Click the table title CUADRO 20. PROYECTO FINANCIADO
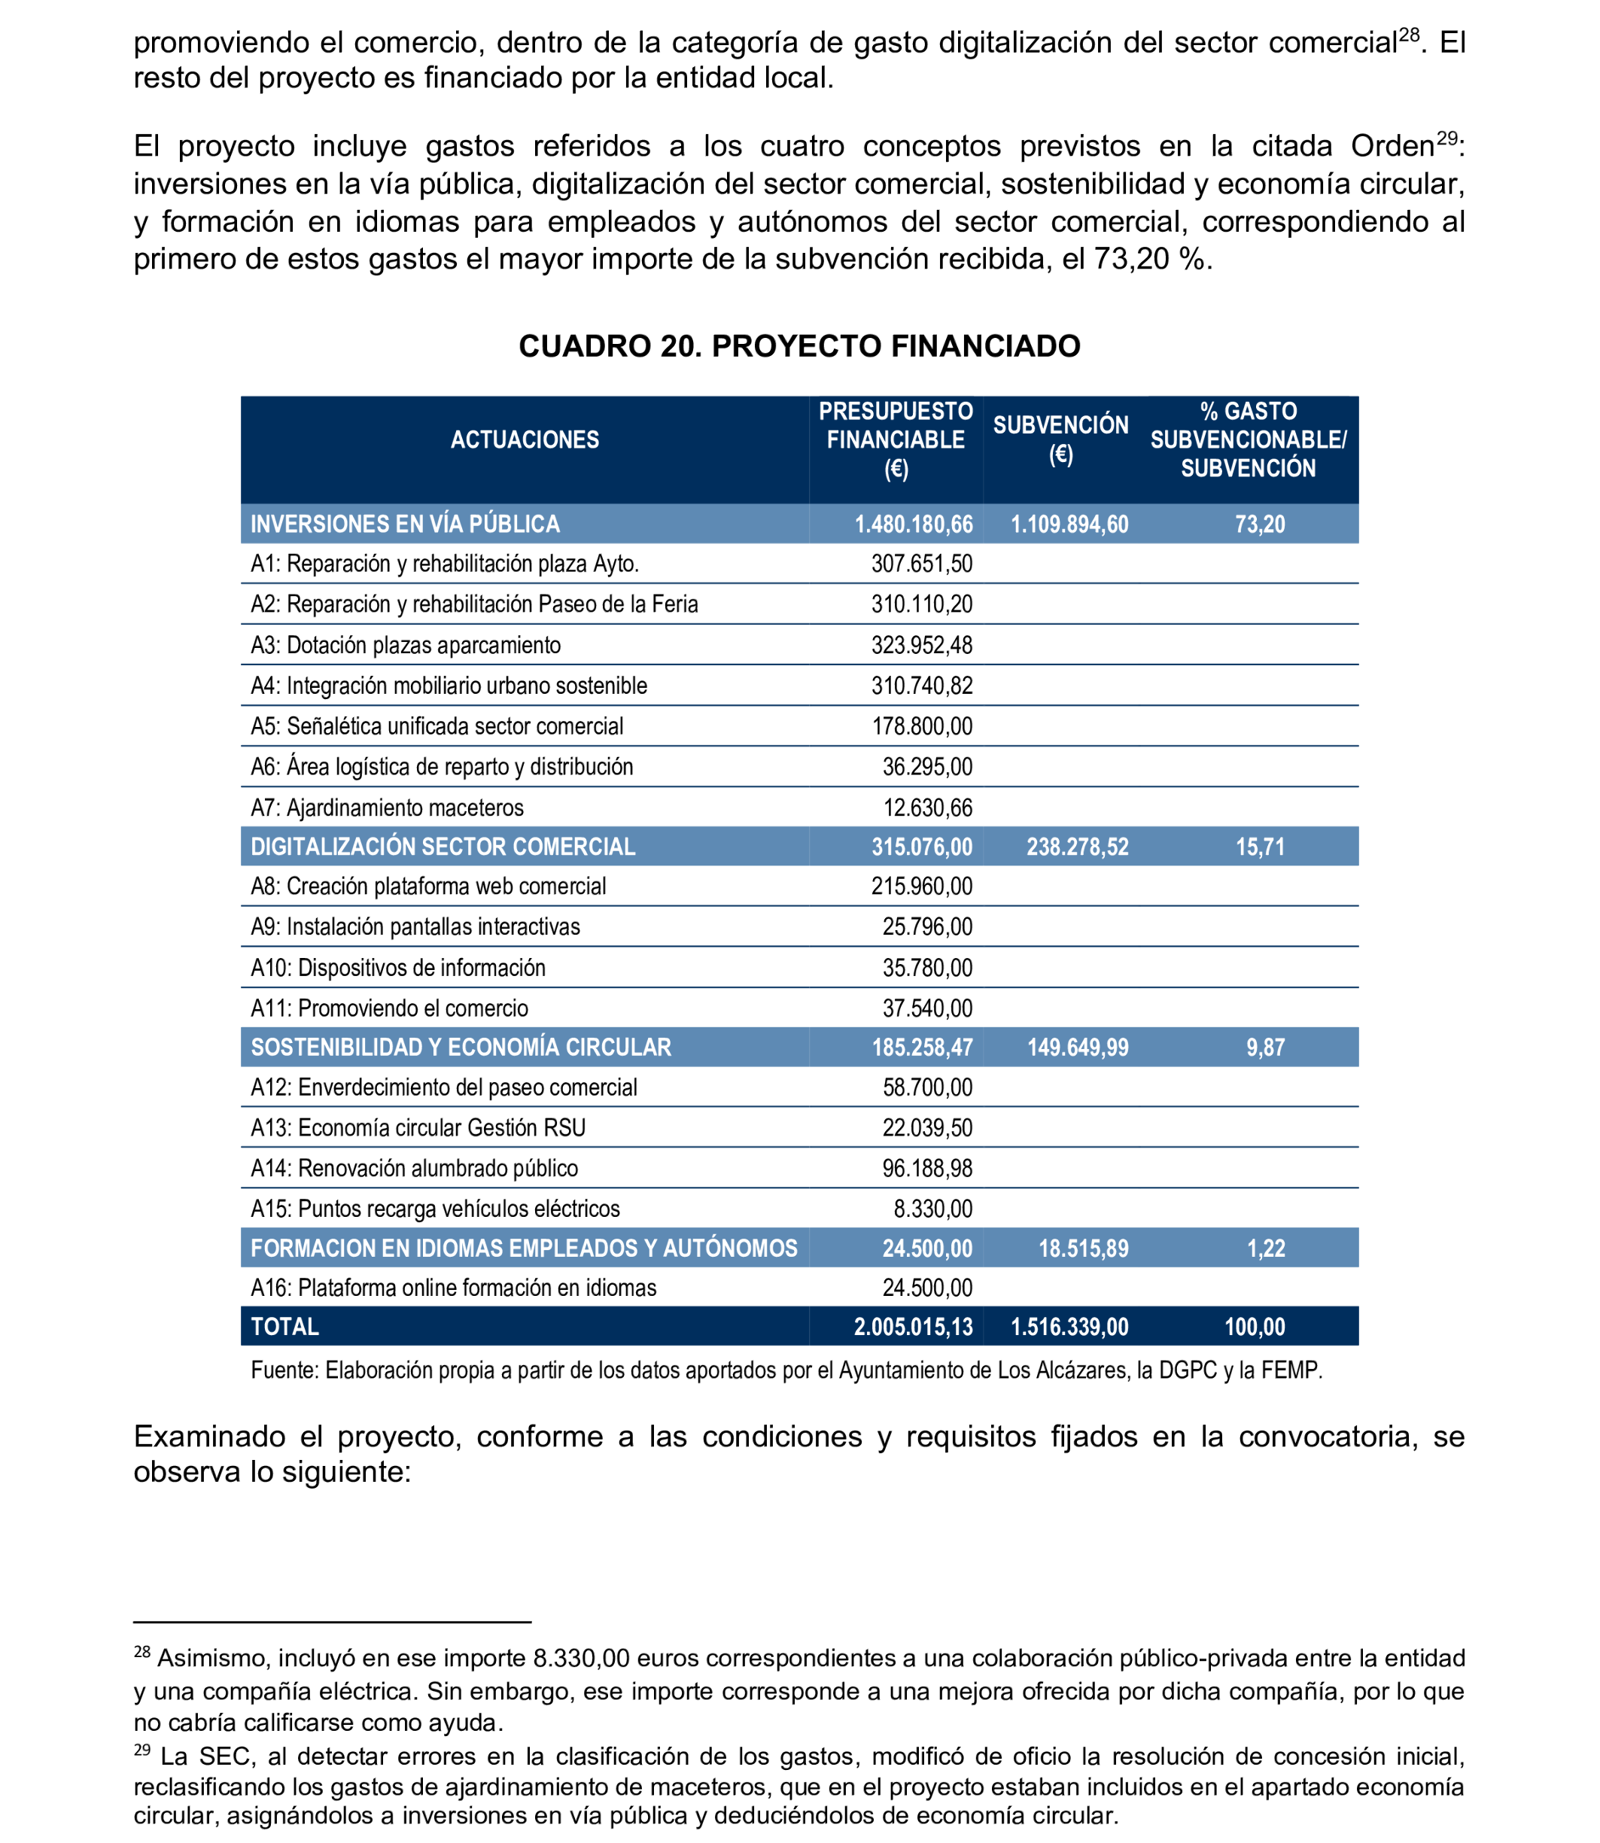click(799, 345)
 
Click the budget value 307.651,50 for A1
click(921, 564)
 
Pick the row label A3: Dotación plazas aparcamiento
click(406, 645)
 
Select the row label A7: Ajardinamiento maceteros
click(387, 807)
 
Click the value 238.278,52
click(1077, 847)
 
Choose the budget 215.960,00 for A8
click(921, 886)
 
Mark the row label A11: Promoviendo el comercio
click(389, 1008)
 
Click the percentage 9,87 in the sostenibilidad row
click(1265, 1048)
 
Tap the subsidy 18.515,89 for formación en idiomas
click(1083, 1248)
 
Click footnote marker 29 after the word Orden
click(1446, 138)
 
